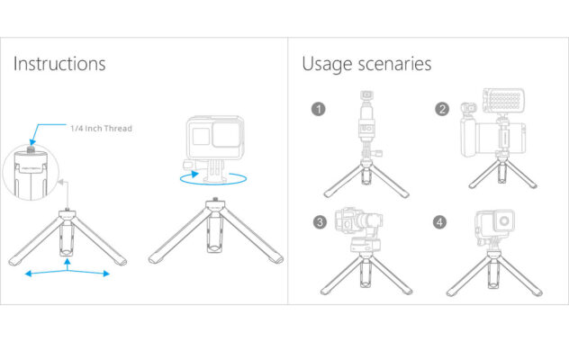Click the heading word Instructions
click(x=59, y=64)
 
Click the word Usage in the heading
click(x=327, y=65)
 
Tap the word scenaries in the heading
click(x=395, y=64)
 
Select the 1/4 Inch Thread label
click(x=101, y=129)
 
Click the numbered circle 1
click(x=318, y=109)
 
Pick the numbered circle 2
click(x=442, y=109)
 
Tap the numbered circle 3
click(x=320, y=221)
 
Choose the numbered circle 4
click(x=440, y=221)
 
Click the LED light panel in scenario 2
click(x=503, y=101)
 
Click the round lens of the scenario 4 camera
click(x=504, y=220)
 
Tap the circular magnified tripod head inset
click(x=31, y=173)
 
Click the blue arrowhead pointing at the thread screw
click(x=32, y=140)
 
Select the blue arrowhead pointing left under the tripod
click(x=28, y=274)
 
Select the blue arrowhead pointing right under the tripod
click(x=106, y=274)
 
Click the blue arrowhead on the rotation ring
click(x=195, y=174)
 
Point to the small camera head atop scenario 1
click(x=366, y=94)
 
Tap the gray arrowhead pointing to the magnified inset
click(x=61, y=182)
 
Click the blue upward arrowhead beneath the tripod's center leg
click(x=68, y=262)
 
